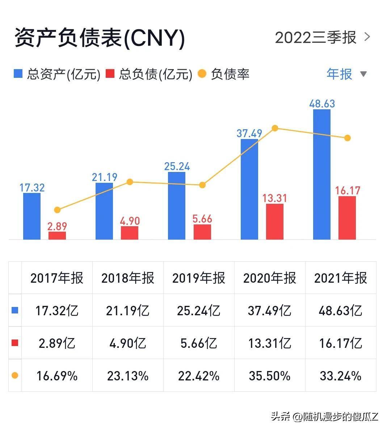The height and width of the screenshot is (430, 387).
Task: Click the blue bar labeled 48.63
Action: click(x=321, y=174)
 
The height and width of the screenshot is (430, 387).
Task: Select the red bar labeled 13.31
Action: click(x=275, y=221)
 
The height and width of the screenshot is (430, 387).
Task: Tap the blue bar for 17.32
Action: click(x=32, y=216)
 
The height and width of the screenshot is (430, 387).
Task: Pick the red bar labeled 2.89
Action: click(x=57, y=235)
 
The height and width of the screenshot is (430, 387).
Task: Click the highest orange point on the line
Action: click(x=275, y=128)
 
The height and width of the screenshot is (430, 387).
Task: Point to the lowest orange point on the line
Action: click(x=57, y=210)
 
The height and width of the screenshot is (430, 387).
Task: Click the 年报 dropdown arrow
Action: click(x=363, y=74)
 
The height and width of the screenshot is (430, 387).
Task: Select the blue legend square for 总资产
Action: click(x=18, y=74)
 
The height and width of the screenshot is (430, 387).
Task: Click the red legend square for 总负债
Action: click(x=110, y=74)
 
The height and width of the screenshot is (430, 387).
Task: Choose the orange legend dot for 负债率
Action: click(x=202, y=74)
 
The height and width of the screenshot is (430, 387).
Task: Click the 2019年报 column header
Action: click(x=199, y=278)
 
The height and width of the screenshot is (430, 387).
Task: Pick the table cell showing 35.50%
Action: click(x=270, y=376)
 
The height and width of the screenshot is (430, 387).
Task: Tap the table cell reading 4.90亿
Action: click(x=128, y=343)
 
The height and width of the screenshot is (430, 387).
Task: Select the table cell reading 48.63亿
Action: click(x=341, y=310)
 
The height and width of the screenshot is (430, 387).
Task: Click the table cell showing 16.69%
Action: click(x=57, y=376)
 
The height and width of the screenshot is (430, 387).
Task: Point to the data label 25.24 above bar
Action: click(x=177, y=166)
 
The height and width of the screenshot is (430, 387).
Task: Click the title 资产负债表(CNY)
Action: click(x=100, y=38)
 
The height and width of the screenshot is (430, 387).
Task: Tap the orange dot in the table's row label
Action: click(x=15, y=375)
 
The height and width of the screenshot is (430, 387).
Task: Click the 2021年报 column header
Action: click(x=341, y=278)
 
